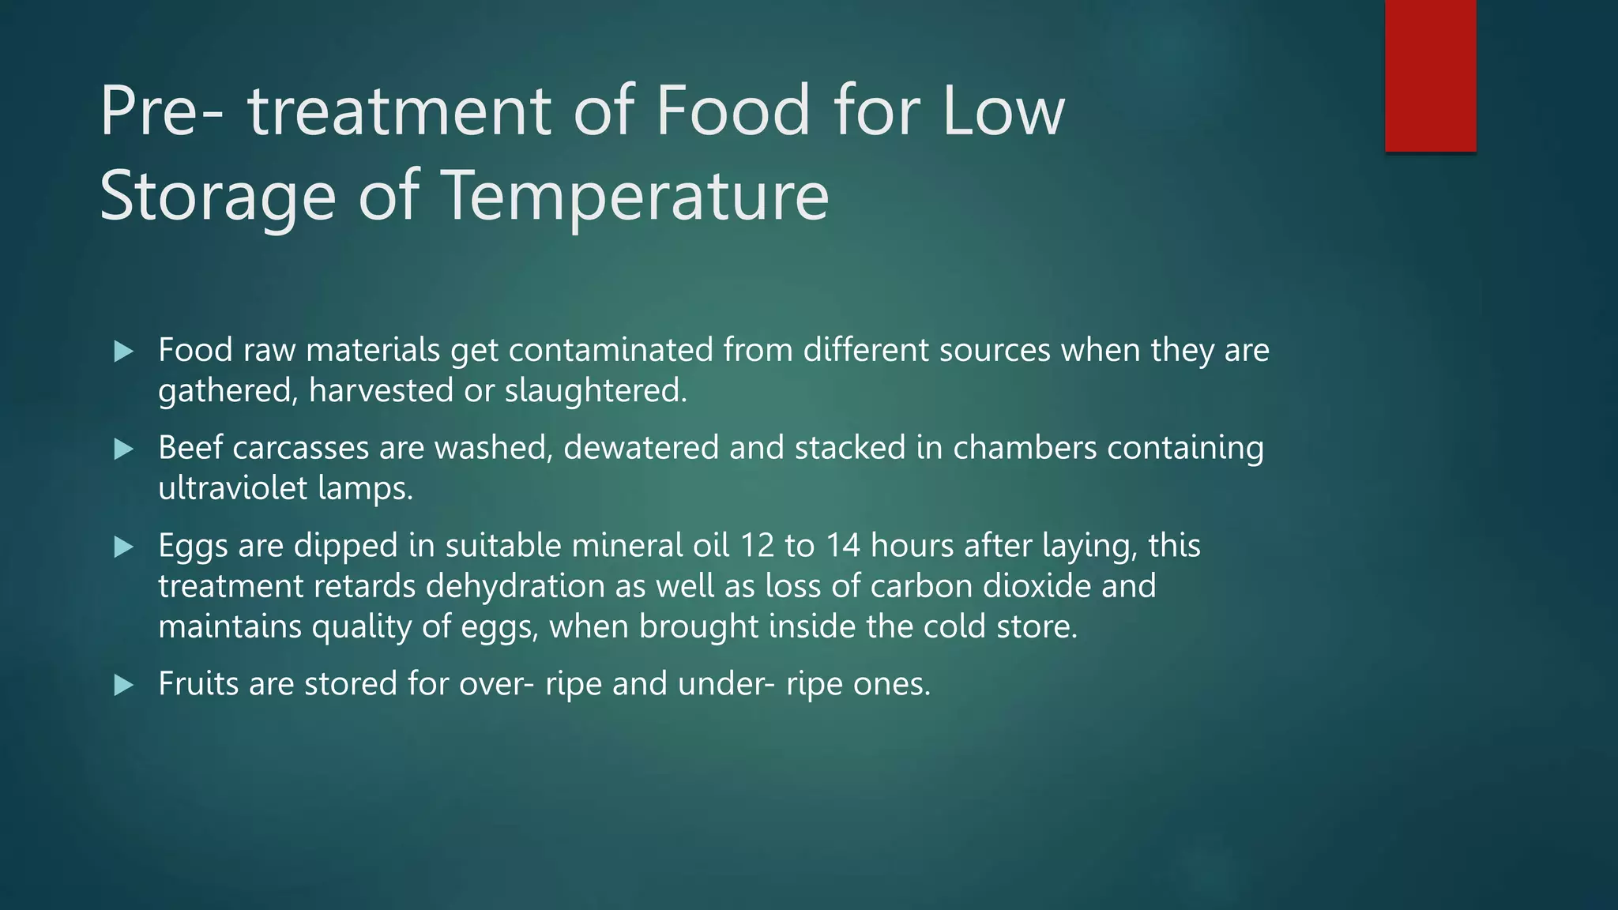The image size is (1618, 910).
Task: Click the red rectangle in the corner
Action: tap(1430, 76)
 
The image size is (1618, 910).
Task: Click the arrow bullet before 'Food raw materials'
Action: tap(124, 351)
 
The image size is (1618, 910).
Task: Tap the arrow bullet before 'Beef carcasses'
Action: tap(124, 449)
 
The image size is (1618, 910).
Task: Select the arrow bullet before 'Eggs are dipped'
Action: tap(124, 547)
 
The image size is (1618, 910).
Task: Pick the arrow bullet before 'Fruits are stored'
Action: tap(124, 684)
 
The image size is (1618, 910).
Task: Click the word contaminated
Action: tap(611, 350)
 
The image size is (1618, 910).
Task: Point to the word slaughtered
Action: tap(596, 391)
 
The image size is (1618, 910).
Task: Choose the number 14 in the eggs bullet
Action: tap(843, 546)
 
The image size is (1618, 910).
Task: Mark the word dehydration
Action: tap(536, 586)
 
